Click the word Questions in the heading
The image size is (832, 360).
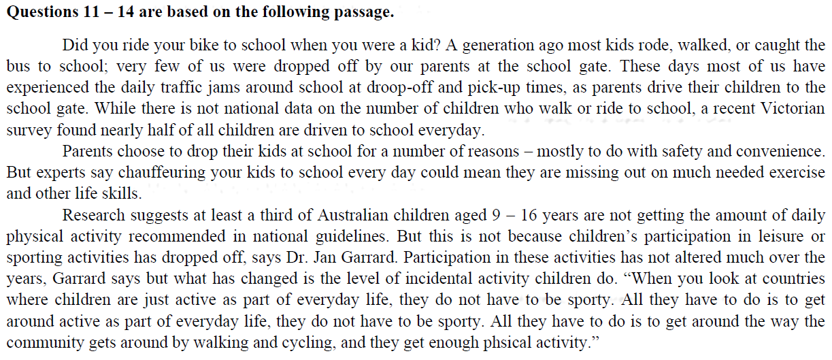tap(36, 13)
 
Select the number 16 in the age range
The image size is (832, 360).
tap(543, 216)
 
